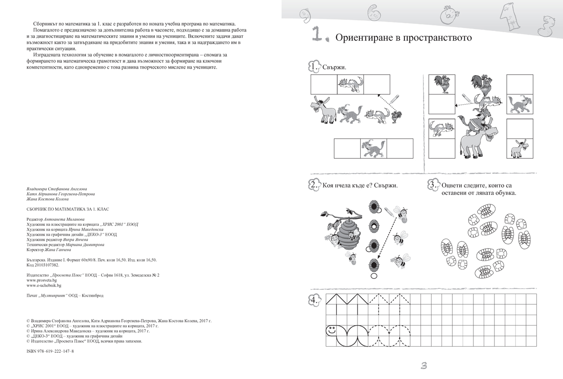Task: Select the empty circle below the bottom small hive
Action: (374, 276)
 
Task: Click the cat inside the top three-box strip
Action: (350, 85)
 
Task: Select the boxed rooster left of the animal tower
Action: (442, 84)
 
